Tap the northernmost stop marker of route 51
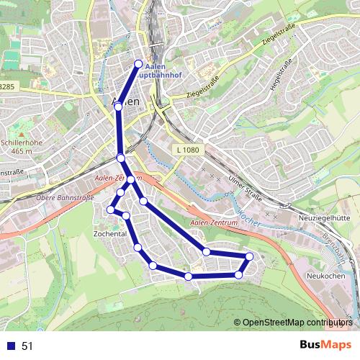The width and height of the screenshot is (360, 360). (139, 63)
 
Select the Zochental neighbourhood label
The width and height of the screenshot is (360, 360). (110, 234)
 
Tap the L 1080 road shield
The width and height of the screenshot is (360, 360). (187, 150)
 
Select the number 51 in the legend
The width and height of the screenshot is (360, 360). (27, 346)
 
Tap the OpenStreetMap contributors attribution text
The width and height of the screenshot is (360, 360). (297, 323)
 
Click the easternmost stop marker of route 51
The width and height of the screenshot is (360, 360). (250, 256)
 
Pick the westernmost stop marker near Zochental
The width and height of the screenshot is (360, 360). (111, 210)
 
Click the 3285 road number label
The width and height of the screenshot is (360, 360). (7, 86)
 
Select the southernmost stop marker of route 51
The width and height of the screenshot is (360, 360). (188, 276)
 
